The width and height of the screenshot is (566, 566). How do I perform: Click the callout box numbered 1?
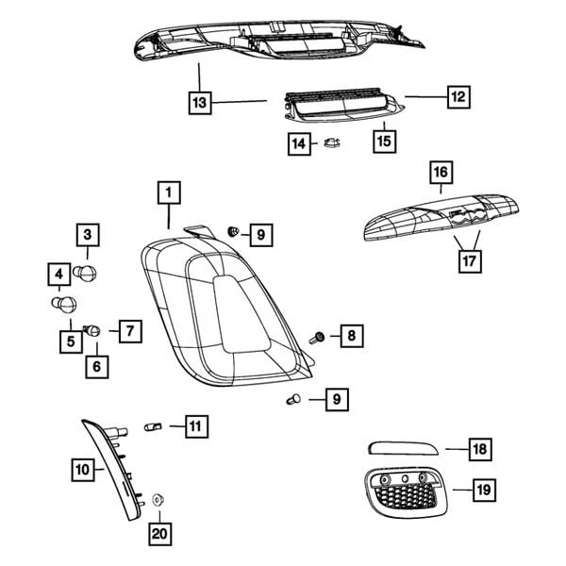click(168, 194)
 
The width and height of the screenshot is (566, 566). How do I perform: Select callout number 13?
click(199, 100)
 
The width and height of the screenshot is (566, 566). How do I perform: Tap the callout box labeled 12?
click(458, 96)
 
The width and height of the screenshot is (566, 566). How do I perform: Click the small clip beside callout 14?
click(330, 144)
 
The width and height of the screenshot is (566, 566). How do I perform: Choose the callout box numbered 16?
click(441, 173)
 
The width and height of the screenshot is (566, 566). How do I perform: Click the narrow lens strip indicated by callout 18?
click(403, 446)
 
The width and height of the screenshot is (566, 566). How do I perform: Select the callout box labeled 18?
click(480, 449)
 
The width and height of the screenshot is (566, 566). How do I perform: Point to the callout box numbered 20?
click(159, 535)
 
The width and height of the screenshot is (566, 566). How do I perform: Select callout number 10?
click(83, 467)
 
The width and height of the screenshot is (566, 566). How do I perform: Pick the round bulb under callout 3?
click(91, 275)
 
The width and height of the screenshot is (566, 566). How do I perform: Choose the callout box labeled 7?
click(128, 330)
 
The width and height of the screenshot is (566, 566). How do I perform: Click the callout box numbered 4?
click(58, 275)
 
